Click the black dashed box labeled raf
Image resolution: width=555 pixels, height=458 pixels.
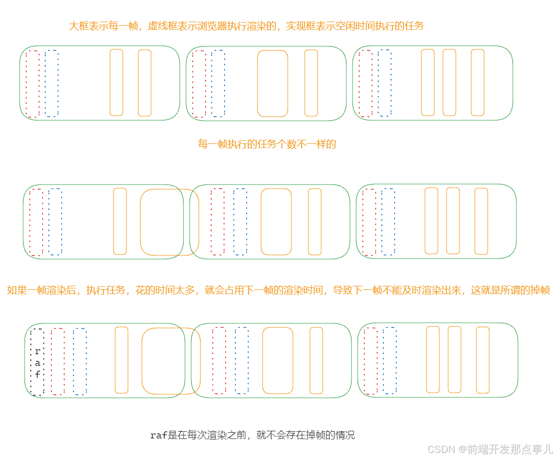pyautogui.click(x=37, y=361)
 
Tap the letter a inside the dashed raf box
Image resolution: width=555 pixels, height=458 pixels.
pyautogui.click(x=38, y=363)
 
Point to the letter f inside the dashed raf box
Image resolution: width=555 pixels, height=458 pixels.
pyautogui.click(x=38, y=375)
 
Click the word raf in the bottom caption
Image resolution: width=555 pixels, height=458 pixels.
pyautogui.click(x=158, y=435)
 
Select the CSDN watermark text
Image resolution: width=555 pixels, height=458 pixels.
pyautogui.click(x=441, y=449)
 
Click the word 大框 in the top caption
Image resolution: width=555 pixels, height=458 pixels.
pyautogui.click(x=79, y=26)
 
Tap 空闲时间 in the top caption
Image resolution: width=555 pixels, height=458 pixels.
pyautogui.click(x=350, y=26)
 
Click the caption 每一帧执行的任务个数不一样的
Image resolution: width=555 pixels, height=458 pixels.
pyautogui.click(x=267, y=144)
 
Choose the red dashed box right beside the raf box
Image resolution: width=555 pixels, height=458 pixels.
pyautogui.click(x=58, y=361)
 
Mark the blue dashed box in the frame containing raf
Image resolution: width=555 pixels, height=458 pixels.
pyautogui.click(x=80, y=361)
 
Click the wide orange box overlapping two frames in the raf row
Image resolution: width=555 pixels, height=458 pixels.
pyautogui.click(x=171, y=361)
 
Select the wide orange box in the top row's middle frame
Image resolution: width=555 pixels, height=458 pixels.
pyautogui.click(x=272, y=83)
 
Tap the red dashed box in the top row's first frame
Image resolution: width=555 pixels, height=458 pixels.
pyautogui.click(x=32, y=84)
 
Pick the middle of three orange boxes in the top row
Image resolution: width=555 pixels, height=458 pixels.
pyautogui.click(x=449, y=82)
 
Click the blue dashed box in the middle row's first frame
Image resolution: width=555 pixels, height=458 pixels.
pyautogui.click(x=55, y=222)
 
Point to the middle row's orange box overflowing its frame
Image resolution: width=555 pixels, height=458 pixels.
pyautogui.click(x=169, y=222)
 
